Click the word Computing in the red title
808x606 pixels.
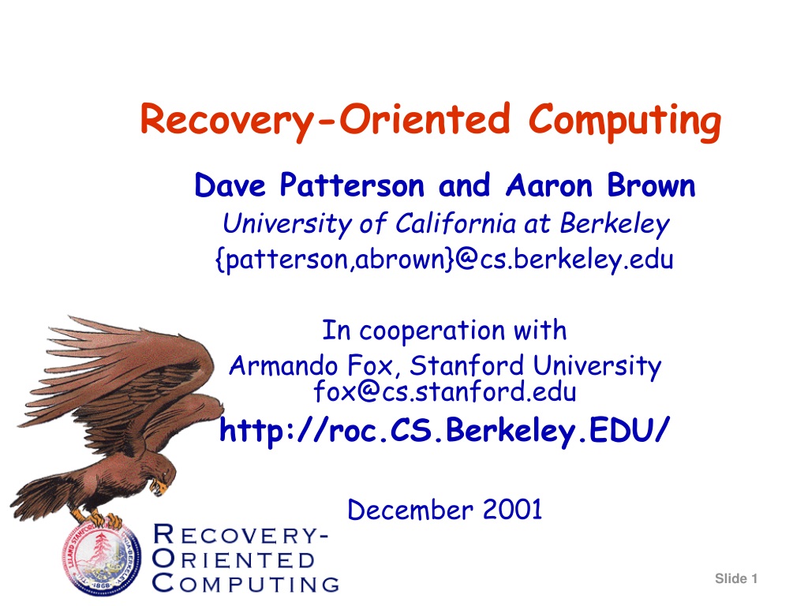625,122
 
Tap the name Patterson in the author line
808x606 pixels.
352,185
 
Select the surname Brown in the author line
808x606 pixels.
651,185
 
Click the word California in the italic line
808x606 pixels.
455,224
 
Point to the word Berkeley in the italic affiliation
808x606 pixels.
615,224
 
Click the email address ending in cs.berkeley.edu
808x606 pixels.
444,260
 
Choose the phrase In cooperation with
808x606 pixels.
444,331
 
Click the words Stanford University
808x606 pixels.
536,366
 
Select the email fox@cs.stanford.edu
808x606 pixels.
445,391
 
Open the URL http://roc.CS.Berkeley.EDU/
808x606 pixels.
444,430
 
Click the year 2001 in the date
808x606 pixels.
512,511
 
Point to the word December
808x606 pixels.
410,511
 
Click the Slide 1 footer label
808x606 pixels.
736,578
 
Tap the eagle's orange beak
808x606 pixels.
161,486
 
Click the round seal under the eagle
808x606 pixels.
101,559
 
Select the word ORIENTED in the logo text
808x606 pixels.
234,560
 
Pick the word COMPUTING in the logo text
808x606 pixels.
246,584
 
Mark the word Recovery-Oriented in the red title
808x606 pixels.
325,121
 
